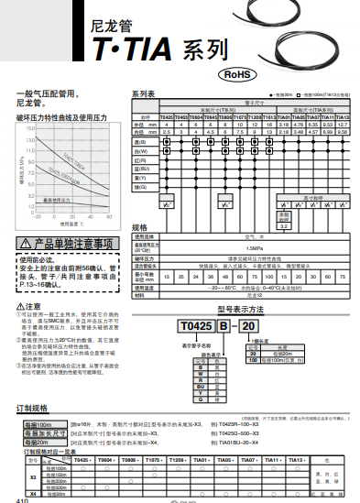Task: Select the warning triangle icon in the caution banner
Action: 25,245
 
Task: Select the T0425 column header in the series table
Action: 167,118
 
